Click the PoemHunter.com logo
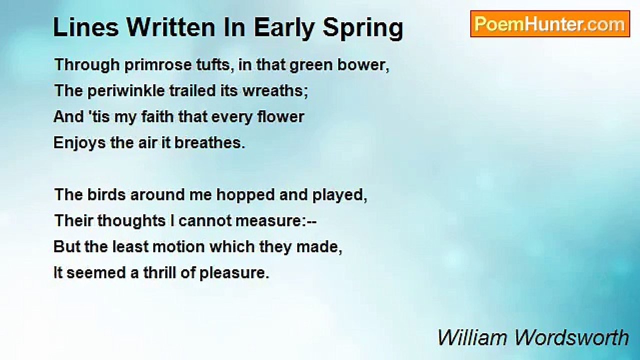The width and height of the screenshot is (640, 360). [550, 24]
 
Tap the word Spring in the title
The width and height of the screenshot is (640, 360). [363, 28]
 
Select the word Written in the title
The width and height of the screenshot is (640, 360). [171, 27]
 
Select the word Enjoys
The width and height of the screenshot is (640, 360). [79, 143]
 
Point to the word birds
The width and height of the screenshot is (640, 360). [106, 195]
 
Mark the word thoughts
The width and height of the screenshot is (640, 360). [131, 221]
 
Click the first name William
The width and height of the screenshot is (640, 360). [472, 337]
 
